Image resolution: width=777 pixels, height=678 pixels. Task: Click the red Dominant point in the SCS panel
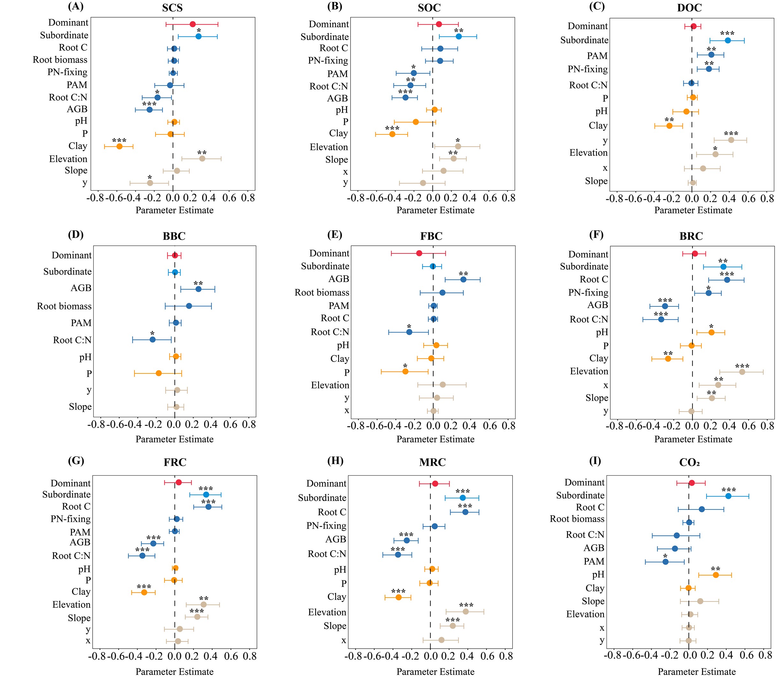192,24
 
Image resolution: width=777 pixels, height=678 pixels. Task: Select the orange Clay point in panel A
119,147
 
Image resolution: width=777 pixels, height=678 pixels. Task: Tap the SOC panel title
429,8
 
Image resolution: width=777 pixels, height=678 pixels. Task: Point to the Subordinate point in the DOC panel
728,41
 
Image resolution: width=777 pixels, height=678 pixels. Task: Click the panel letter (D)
76,235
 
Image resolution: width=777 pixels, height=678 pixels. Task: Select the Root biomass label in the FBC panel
321,292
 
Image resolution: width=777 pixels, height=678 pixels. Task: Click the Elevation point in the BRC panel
742,372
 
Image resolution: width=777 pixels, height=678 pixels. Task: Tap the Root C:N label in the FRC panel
71,556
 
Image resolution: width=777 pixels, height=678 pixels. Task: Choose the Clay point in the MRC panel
398,597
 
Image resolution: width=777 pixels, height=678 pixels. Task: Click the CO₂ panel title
689,463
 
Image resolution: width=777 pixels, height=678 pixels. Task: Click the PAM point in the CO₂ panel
665,562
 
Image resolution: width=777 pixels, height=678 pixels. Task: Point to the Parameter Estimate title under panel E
435,439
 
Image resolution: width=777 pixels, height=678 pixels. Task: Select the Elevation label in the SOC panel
328,147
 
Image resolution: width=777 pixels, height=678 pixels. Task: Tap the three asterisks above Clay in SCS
119,140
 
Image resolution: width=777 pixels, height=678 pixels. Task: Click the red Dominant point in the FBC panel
419,253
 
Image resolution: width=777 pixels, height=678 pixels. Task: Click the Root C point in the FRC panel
208,507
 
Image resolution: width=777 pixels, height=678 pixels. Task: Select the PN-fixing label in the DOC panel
587,69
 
